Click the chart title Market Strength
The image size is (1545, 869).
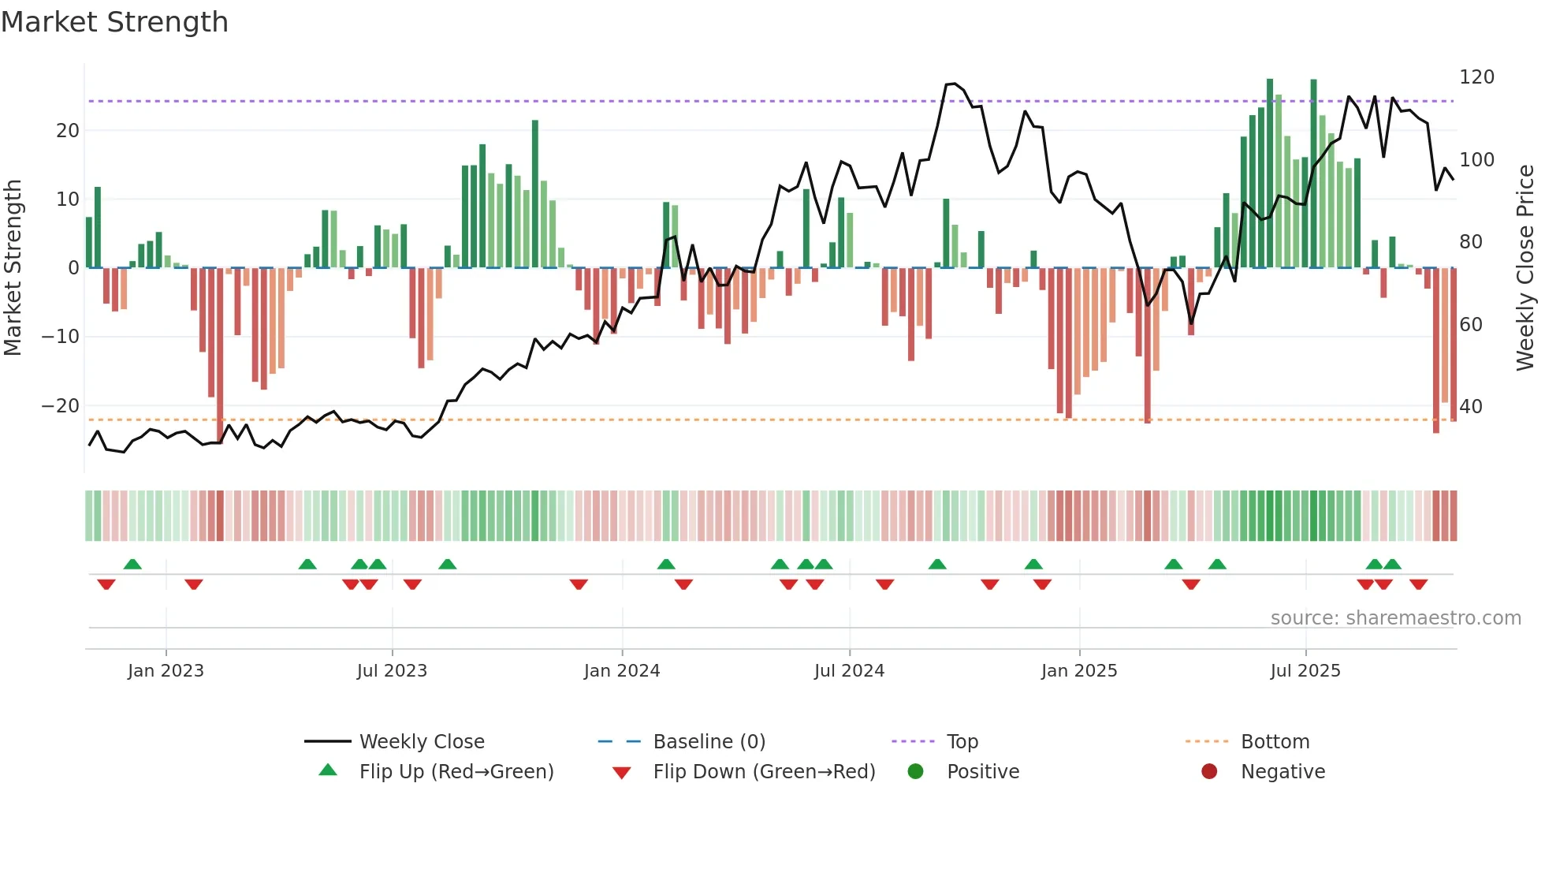click(114, 22)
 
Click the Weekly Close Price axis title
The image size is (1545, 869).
click(1526, 268)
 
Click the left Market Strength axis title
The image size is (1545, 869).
click(13, 268)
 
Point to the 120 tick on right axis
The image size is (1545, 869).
click(1476, 77)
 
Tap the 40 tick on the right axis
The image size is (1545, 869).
click(1471, 407)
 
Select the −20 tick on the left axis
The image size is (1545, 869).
click(61, 406)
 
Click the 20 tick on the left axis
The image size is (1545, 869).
click(68, 131)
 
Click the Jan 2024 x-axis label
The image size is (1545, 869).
click(622, 671)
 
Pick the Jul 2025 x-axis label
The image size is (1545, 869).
click(1305, 671)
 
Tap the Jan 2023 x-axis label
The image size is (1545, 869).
click(166, 671)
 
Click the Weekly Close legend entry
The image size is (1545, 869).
click(422, 742)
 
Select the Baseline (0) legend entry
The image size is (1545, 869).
click(709, 742)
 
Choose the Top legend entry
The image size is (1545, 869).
click(962, 742)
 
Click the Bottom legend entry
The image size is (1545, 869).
click(1275, 742)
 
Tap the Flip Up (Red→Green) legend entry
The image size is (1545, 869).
click(456, 772)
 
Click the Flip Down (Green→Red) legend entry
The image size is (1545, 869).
click(764, 772)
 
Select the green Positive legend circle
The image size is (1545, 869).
click(915, 771)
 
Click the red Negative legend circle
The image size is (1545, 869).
click(1209, 771)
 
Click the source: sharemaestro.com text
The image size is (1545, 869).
click(1395, 618)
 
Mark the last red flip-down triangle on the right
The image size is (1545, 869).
click(1419, 584)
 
